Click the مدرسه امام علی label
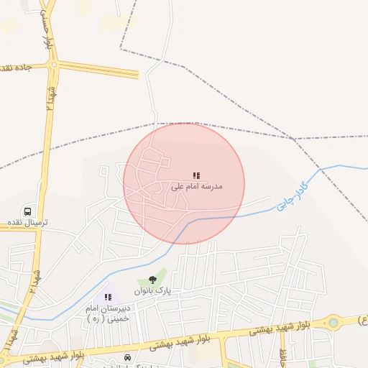pyautogui.click(x=197, y=186)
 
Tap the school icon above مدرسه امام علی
pyautogui.click(x=196, y=175)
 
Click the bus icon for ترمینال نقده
pyautogui.click(x=28, y=212)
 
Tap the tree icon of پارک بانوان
pyautogui.click(x=152, y=280)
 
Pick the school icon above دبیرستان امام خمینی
pyautogui.click(x=108, y=297)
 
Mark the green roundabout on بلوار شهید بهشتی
pyautogui.click(x=333, y=322)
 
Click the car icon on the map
pyautogui.click(x=128, y=357)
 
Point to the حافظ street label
pyautogui.click(x=283, y=354)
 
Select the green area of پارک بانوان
pyautogui.click(x=162, y=275)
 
